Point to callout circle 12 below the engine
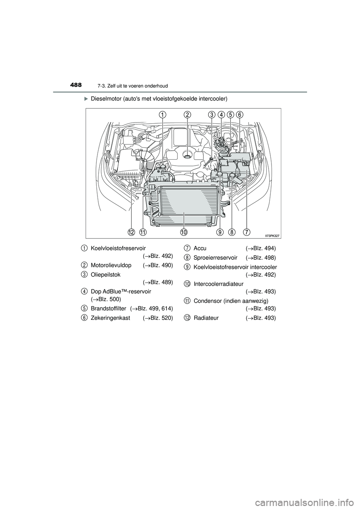coord(131,232)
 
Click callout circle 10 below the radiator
coord(183,232)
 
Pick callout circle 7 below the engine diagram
coord(246,232)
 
